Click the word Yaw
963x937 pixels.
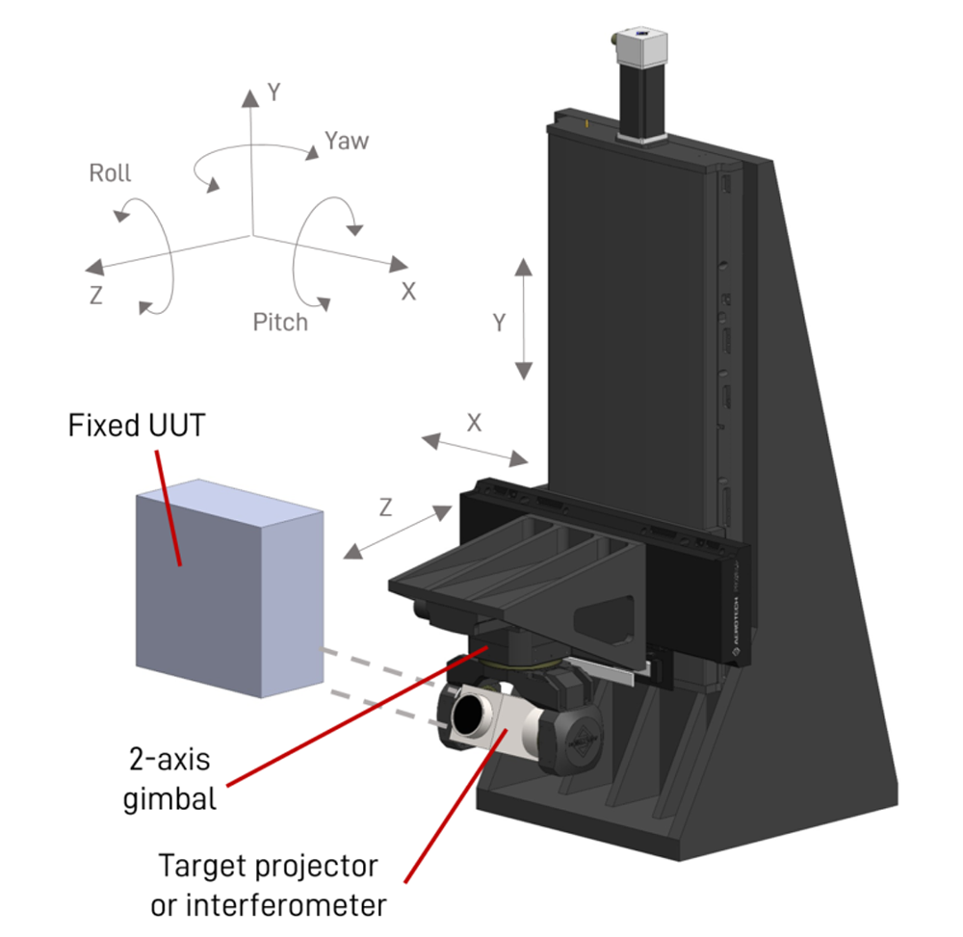pyautogui.click(x=347, y=141)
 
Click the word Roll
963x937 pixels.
pyautogui.click(x=110, y=174)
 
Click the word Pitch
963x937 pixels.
pyautogui.click(x=280, y=322)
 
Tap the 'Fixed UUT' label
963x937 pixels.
pyautogui.click(x=136, y=426)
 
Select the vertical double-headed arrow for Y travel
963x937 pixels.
pyautogui.click(x=523, y=319)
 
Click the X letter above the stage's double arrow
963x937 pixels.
pyautogui.click(x=474, y=422)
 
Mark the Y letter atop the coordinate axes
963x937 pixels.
pyautogui.click(x=273, y=92)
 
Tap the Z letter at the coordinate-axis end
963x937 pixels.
pyautogui.click(x=95, y=297)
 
